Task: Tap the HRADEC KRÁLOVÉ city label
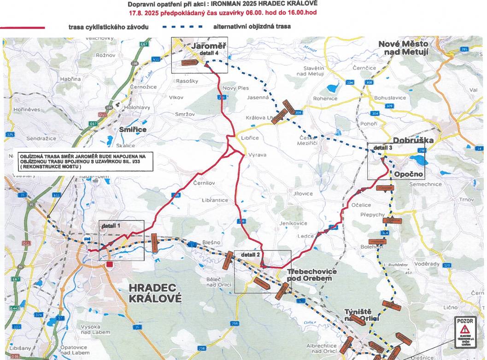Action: pos(156,293)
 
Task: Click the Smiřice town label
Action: pos(132,130)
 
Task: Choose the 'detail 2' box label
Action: pos(250,255)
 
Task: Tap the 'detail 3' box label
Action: pos(383,148)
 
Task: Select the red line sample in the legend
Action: pos(23,28)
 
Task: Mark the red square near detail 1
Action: pos(109,264)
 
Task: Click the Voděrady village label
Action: pos(427,264)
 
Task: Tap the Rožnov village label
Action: pos(105,55)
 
